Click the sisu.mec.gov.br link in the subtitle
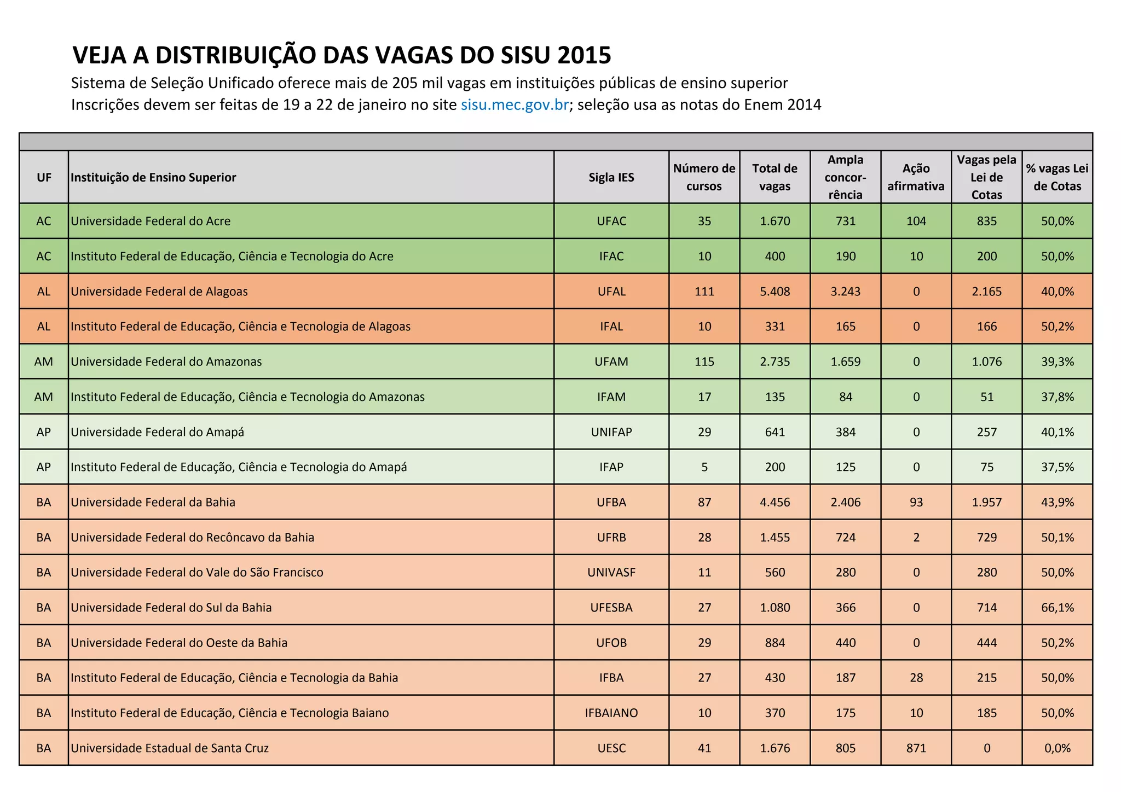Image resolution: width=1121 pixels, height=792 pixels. (x=515, y=104)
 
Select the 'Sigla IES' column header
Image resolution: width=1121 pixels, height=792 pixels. (x=611, y=177)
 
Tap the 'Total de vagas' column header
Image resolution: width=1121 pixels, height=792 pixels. (x=775, y=177)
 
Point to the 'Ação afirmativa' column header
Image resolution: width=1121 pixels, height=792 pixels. (x=916, y=177)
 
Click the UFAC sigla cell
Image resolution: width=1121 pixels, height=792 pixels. (x=611, y=221)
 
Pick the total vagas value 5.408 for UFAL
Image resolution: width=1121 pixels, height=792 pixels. (x=775, y=292)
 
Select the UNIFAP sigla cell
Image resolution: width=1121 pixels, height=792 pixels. (x=611, y=432)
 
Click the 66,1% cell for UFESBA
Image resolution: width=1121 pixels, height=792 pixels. (x=1057, y=608)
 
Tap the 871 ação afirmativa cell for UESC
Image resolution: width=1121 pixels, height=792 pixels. (x=916, y=748)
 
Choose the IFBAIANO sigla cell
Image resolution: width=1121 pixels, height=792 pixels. (x=611, y=713)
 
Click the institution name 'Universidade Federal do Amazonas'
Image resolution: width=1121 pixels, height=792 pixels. (x=166, y=362)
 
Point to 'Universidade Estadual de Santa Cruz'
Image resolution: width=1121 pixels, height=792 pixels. (x=170, y=748)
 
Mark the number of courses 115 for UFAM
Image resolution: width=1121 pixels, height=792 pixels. (x=704, y=362)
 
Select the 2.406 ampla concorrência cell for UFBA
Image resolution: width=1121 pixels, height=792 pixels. (x=845, y=502)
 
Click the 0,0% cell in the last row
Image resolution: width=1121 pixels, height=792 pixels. (x=1057, y=748)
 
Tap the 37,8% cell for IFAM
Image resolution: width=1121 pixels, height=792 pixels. (x=1057, y=397)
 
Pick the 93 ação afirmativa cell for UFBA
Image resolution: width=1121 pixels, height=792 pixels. (x=916, y=502)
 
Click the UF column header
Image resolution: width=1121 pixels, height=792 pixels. (x=44, y=177)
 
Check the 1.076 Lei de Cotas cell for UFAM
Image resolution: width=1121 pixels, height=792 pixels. (x=986, y=362)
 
